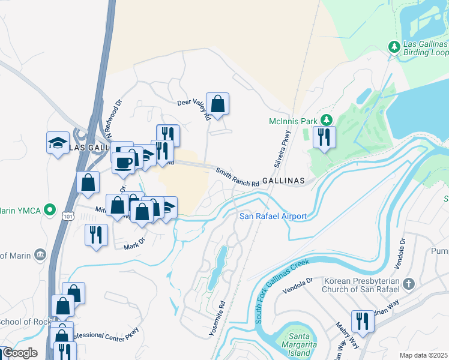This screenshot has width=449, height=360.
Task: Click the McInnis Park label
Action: coord(292,121)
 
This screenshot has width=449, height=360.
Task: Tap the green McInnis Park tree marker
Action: coord(326,120)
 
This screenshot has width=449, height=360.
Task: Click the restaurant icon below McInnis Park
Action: coord(324,137)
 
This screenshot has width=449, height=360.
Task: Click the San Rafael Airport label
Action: coord(273,217)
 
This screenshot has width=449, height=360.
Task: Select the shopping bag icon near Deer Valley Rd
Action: coord(218,104)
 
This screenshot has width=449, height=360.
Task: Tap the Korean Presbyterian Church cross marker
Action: coord(408,283)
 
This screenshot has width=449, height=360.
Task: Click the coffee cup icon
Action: coord(124,163)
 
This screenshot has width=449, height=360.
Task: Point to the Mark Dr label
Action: coord(134,244)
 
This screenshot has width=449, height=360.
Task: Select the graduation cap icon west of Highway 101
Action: coord(58,143)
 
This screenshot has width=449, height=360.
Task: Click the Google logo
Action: coord(20,353)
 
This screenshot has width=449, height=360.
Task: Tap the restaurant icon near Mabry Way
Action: coord(362,321)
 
